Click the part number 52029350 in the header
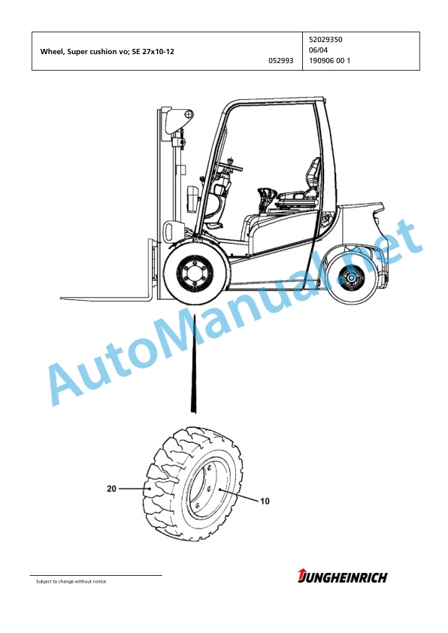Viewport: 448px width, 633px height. pos(325,40)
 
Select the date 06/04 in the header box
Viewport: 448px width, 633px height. pos(318,50)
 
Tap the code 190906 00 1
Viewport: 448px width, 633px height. pos(329,61)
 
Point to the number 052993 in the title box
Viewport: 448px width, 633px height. pos(281,61)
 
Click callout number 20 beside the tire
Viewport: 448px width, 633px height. pos(111,489)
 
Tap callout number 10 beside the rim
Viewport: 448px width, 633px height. pos(265,501)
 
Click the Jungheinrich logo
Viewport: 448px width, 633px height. pos(342,577)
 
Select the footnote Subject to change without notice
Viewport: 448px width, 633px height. pos(71,581)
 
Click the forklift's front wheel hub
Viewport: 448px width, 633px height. pos(196,274)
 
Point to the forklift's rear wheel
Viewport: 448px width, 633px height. pos(351,279)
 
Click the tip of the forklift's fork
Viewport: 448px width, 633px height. pos(61,298)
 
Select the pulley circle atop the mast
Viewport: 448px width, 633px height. pos(189,114)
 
